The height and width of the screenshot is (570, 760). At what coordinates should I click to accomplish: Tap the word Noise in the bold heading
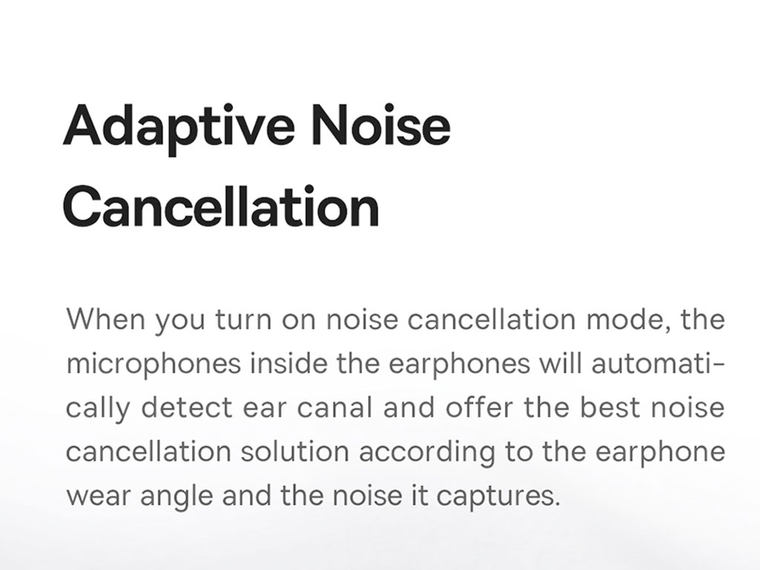pyautogui.click(x=381, y=124)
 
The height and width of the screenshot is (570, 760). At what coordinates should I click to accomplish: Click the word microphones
pyautogui.click(x=153, y=364)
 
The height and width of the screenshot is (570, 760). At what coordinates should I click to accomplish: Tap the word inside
pyautogui.click(x=289, y=364)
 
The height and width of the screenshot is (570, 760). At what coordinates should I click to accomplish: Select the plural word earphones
pyautogui.click(x=459, y=364)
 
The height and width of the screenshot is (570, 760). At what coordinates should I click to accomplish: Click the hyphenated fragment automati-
pyautogui.click(x=658, y=364)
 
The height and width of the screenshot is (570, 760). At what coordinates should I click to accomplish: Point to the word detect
pyautogui.click(x=186, y=407)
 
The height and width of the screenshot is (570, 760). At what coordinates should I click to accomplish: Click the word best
pyautogui.click(x=610, y=407)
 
